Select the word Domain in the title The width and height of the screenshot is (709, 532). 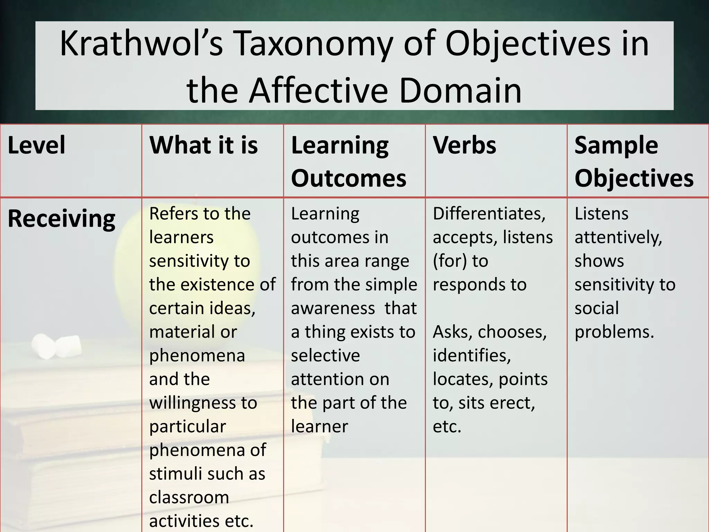(x=460, y=90)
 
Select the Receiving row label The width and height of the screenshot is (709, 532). (x=62, y=219)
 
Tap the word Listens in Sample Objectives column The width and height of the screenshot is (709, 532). (x=601, y=213)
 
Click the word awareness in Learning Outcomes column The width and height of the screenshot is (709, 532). (x=333, y=308)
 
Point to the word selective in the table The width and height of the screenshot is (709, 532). (x=325, y=355)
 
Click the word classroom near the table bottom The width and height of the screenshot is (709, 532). (x=189, y=497)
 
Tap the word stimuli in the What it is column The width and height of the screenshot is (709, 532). (x=172, y=473)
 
